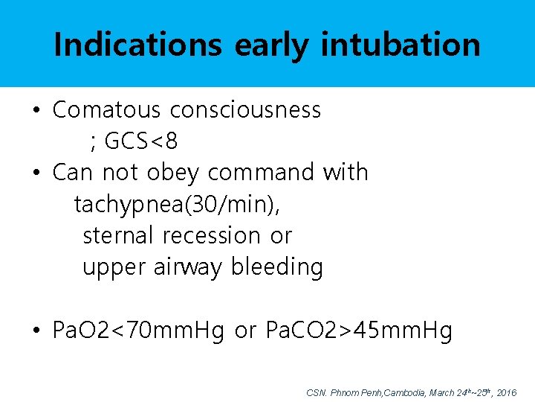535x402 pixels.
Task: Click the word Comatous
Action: (x=106, y=109)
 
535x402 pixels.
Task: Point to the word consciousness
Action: (x=245, y=109)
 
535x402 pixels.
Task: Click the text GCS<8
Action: (x=141, y=141)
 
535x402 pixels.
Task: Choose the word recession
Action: (x=212, y=235)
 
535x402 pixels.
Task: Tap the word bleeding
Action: (x=277, y=267)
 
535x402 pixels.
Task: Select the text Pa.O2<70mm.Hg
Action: (x=138, y=331)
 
